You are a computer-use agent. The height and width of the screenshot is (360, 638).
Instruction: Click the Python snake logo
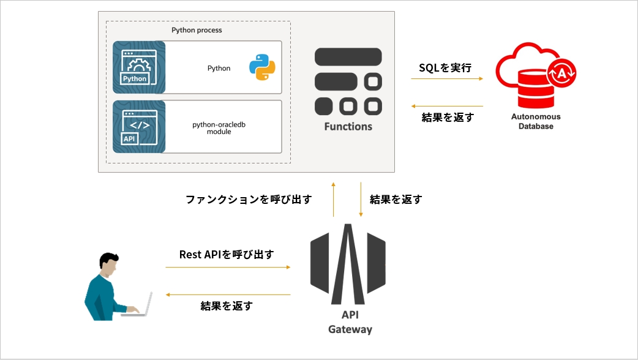(261, 68)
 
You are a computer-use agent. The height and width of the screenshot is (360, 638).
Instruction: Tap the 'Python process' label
(197, 30)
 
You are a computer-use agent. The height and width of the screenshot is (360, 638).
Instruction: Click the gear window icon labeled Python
(140, 67)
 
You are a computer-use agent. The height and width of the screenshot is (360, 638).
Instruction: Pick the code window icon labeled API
(140, 127)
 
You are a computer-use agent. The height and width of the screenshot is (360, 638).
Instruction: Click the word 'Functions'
(348, 127)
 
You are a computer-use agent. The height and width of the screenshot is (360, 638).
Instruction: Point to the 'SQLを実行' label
(445, 68)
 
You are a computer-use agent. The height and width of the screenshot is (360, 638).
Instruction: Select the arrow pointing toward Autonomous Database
(446, 79)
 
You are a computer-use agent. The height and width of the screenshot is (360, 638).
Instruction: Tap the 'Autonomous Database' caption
(536, 121)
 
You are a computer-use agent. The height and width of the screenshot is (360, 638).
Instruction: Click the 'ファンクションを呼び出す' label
(249, 200)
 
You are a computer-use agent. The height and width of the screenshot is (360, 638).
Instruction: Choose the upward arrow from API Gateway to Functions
(333, 199)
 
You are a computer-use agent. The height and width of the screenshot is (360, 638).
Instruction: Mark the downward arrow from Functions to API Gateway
(361, 199)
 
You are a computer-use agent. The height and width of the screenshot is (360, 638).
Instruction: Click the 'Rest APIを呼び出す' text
(227, 255)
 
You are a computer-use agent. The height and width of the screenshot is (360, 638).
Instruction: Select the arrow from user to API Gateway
(227, 267)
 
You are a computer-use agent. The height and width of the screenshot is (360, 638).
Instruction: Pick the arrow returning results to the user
(228, 295)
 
